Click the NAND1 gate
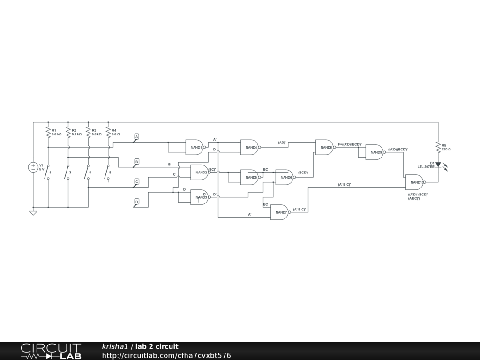[195, 147]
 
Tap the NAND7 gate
[280, 212]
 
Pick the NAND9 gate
[375, 152]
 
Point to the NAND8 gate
[324, 147]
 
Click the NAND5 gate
[249, 177]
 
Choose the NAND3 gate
[199, 197]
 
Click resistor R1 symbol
[48, 132]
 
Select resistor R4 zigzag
[108, 132]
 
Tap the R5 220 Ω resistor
[438, 147]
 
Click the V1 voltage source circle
[33, 167]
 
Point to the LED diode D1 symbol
[438, 165]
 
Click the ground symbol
[33, 213]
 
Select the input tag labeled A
[136, 137]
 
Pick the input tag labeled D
[136, 202]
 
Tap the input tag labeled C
[136, 182]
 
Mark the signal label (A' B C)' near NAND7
[300, 210]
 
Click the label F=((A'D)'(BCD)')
[350, 144]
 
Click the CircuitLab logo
[51, 351]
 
